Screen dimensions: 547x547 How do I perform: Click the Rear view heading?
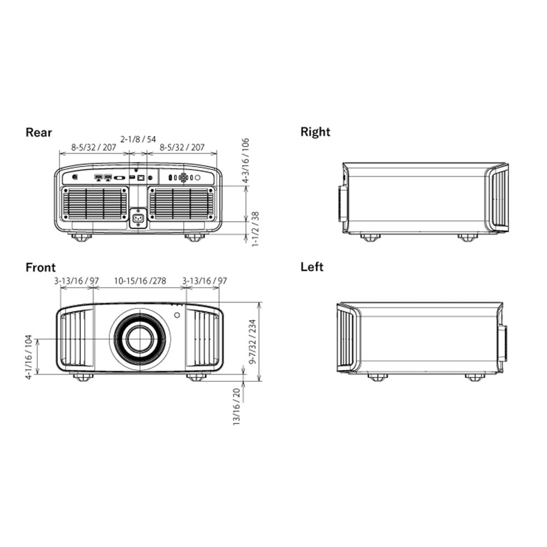[39, 132]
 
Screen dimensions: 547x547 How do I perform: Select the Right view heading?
[315, 132]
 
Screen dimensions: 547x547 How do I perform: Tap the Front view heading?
[40, 267]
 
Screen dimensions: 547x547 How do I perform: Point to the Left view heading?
[312, 267]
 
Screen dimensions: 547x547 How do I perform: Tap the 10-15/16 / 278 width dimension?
[139, 281]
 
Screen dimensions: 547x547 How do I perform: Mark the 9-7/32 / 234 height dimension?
[252, 341]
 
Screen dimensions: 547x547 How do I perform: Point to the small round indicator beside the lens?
[177, 315]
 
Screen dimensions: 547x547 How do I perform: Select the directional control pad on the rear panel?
[183, 178]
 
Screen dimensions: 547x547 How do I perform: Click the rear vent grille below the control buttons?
[181, 202]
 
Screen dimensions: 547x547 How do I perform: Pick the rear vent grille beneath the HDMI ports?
[95, 202]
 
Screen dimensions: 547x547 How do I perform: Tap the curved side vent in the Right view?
[498, 197]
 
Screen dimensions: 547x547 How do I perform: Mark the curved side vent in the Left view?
[347, 337]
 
